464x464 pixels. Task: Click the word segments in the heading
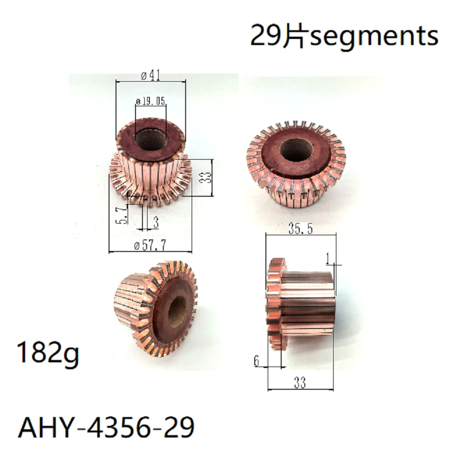coord(374,36)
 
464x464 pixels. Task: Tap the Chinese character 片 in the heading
coord(293,36)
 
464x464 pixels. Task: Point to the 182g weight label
coord(48,354)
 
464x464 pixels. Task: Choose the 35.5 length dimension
coord(297,229)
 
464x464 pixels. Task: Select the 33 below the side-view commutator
coord(300,383)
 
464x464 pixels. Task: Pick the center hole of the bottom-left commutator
coord(176,311)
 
